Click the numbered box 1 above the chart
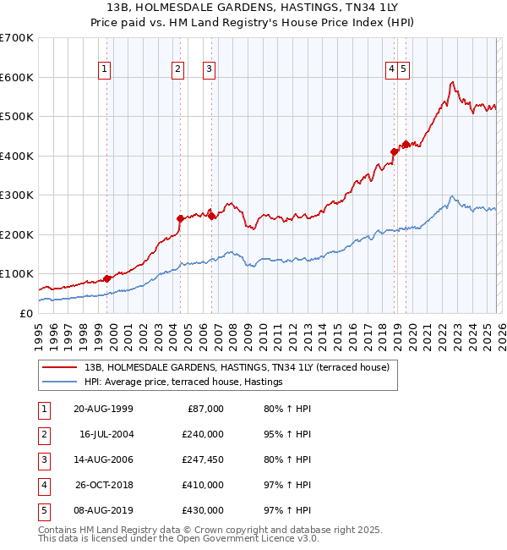[105, 70]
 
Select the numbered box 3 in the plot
[209, 70]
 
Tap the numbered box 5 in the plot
[404, 70]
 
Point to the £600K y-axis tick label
[16, 77]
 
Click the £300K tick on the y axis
[16, 195]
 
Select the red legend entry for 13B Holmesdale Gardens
[237, 367]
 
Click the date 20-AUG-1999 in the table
[103, 409]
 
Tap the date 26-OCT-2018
[103, 485]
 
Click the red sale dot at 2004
[180, 218]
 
